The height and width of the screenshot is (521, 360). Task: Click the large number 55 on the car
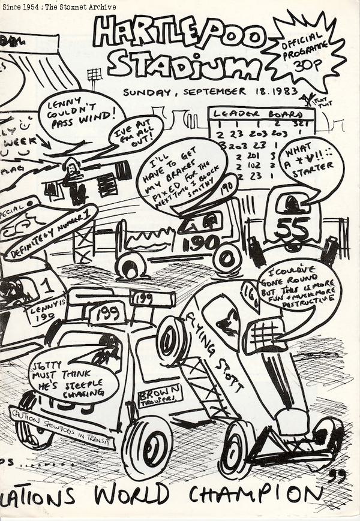tap(292, 227)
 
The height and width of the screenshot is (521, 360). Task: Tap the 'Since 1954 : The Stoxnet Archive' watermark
tap(58, 6)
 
